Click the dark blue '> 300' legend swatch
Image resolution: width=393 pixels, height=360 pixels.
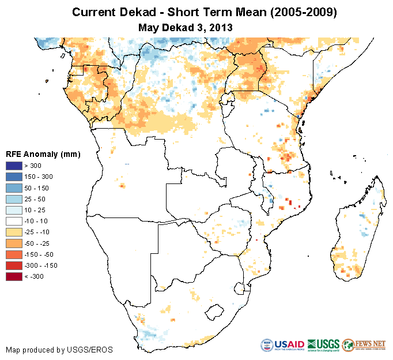[x=13, y=166]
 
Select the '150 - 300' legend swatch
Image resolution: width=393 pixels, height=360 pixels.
[x=13, y=177]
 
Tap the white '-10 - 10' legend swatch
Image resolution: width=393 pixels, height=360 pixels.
[x=13, y=221]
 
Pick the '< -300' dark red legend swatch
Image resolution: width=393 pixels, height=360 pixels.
[x=13, y=276]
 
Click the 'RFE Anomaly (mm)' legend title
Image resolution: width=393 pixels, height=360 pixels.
[x=43, y=154]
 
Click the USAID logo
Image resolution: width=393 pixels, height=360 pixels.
[x=282, y=345]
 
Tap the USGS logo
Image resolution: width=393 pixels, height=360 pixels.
[x=323, y=345]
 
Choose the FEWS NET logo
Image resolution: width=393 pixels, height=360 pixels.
[x=364, y=345]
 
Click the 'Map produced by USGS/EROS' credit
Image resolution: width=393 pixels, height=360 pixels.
[x=59, y=350]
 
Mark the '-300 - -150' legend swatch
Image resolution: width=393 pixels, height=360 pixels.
[x=13, y=265]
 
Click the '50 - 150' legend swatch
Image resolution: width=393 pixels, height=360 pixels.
[x=13, y=188]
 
